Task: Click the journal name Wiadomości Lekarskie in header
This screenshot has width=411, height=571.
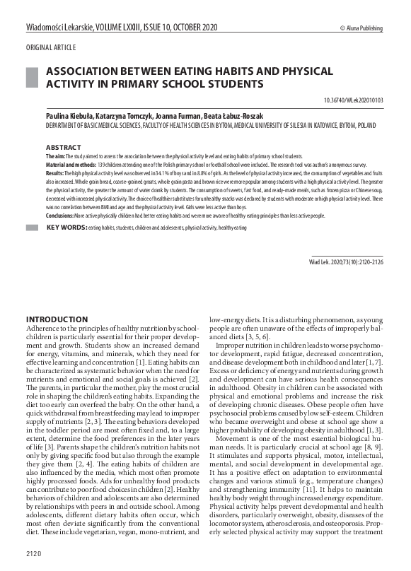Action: click(x=63, y=28)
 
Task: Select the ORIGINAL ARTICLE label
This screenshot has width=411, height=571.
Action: click(x=51, y=47)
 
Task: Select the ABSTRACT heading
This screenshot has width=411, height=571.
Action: click(x=64, y=147)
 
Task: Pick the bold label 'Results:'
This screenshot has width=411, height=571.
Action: click(x=55, y=171)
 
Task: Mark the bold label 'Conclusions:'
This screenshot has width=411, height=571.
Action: click(x=61, y=215)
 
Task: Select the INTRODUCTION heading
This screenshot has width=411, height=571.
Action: click(x=57, y=319)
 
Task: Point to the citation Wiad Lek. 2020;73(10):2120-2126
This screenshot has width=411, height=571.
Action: click(x=346, y=261)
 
